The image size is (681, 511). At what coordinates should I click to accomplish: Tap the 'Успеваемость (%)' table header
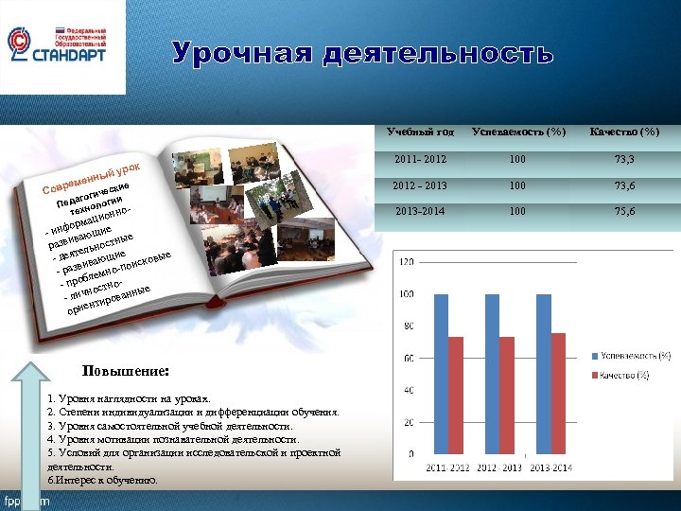tap(517, 131)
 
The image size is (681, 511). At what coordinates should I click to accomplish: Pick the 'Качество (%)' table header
tap(623, 131)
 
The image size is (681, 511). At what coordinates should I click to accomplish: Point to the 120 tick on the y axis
tap(408, 261)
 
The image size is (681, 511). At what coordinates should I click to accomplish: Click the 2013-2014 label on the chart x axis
tap(550, 467)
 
